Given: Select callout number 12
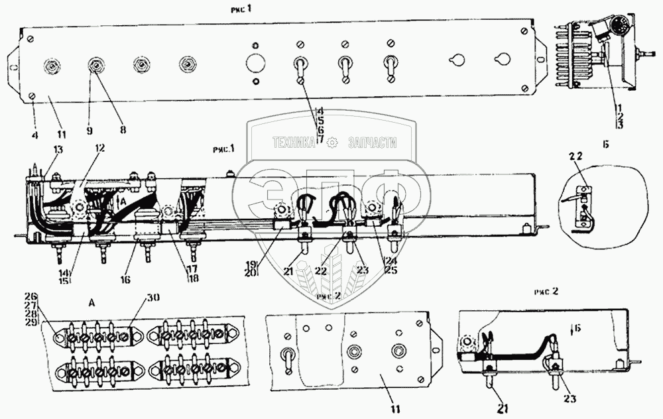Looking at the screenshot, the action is (x=100, y=150).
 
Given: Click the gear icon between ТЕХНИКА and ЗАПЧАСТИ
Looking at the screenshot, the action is (x=333, y=141).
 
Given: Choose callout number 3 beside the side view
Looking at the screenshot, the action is (x=617, y=124).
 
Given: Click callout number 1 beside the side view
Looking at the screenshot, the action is (x=617, y=106).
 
